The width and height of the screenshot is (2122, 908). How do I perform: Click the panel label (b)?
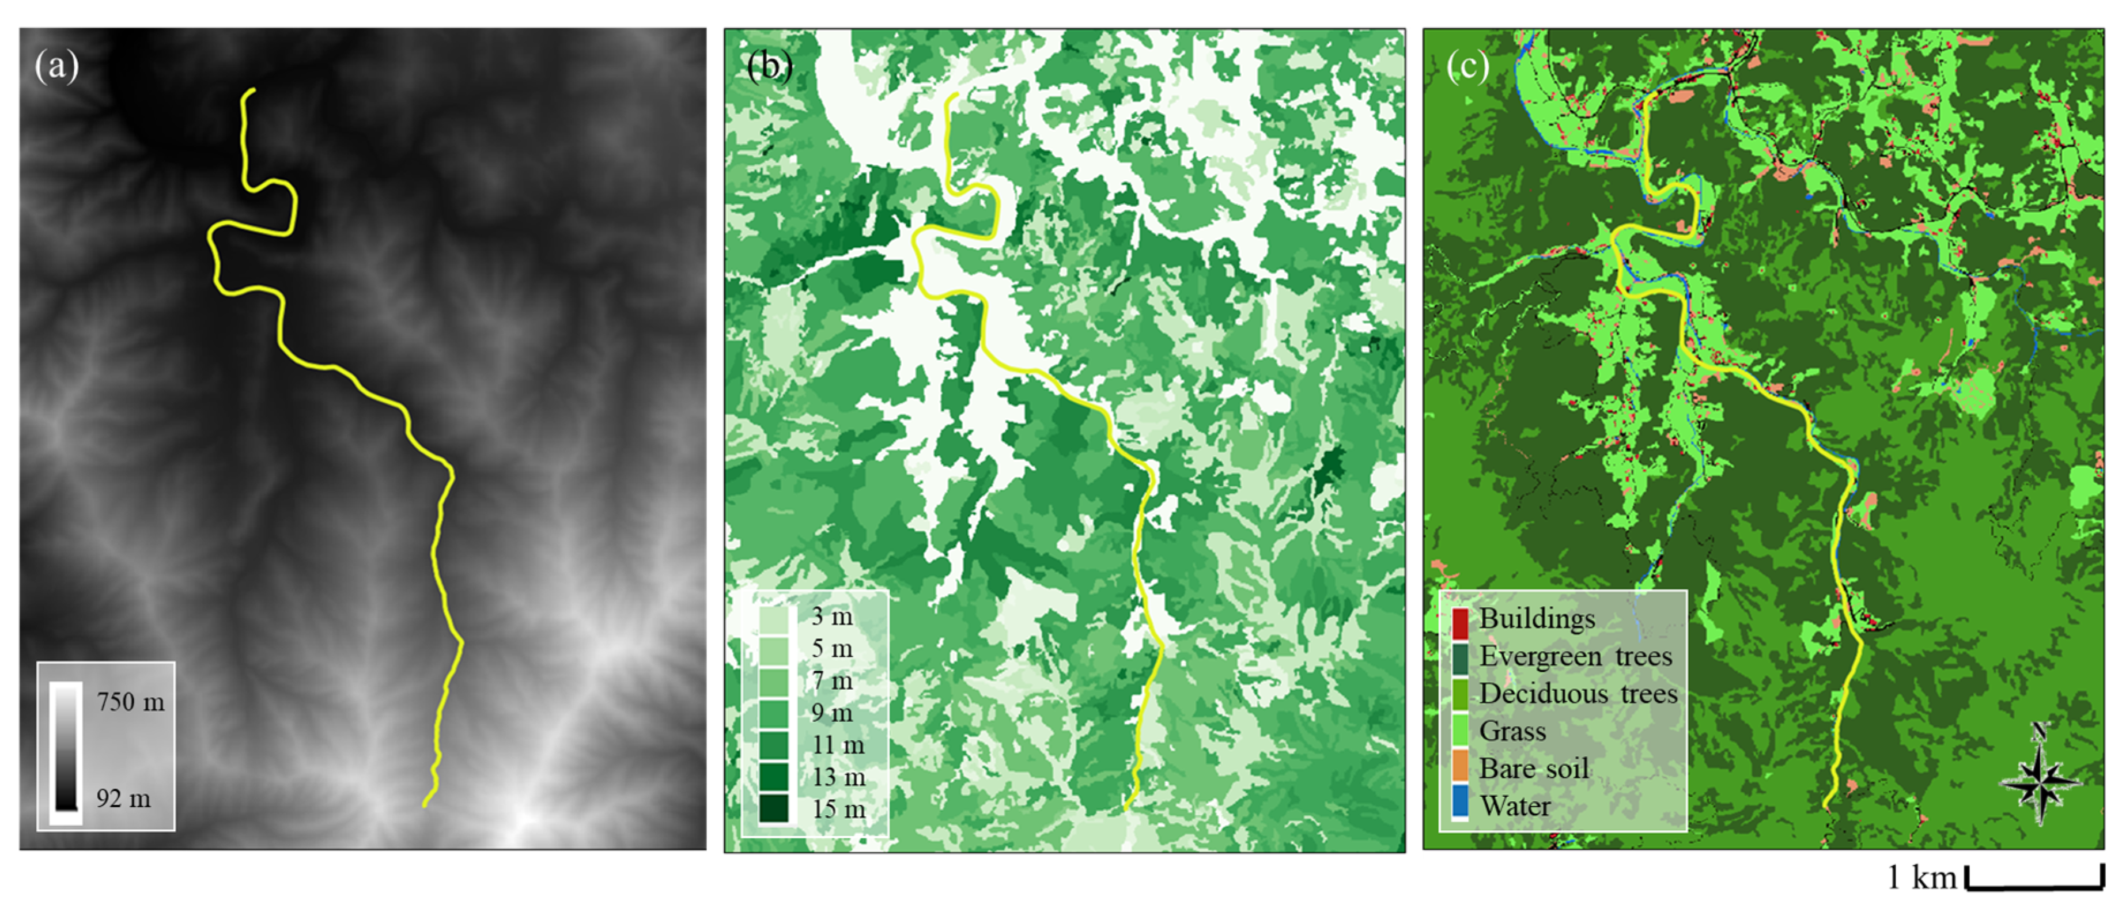pyautogui.click(x=769, y=66)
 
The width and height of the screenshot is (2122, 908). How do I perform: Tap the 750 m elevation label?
pyautogui.click(x=130, y=702)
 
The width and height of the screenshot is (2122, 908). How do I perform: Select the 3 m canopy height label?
pyautogui.click(x=831, y=616)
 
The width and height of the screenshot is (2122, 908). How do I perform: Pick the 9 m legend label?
pyautogui.click(x=831, y=713)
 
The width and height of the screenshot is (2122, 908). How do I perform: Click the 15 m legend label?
pyautogui.click(x=838, y=809)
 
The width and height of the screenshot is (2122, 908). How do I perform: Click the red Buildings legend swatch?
pyautogui.click(x=1459, y=624)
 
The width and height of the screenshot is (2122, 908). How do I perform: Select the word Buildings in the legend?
pyautogui.click(x=1536, y=619)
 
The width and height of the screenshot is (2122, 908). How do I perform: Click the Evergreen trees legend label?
pyautogui.click(x=1575, y=657)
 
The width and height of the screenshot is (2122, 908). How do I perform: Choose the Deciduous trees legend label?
pyautogui.click(x=1578, y=694)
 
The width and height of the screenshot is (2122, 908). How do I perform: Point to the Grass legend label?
pyautogui.click(x=1512, y=731)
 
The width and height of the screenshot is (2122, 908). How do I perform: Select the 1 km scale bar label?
pyautogui.click(x=1921, y=879)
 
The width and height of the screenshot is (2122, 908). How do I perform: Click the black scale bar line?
pyautogui.click(x=2034, y=887)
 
